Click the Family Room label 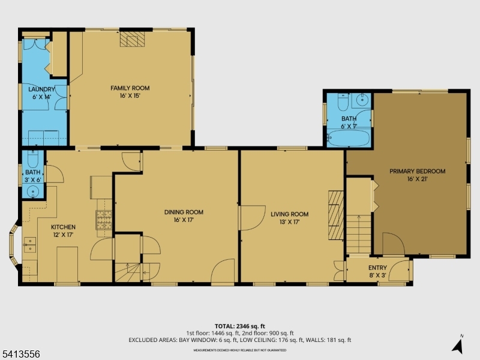pos(130,88)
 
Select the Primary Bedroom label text pos(417,171)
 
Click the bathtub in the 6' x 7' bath pos(347,138)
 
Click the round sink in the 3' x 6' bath pos(33,192)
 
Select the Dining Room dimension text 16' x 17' pos(184,220)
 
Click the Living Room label pos(289,214)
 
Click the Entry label pos(378,268)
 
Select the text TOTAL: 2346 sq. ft pos(240,326)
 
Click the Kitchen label pos(63,227)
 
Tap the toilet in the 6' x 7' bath pos(343,100)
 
